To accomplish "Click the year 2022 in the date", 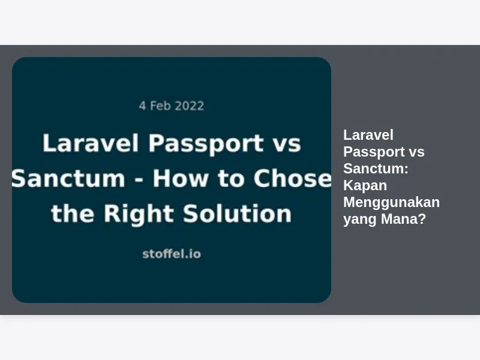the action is tap(189, 106).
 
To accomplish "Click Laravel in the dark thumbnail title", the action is tap(91, 143).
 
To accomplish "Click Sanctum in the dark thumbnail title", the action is tap(68, 178).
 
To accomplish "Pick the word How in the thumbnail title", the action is tap(181, 178).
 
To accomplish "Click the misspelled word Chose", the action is tap(292, 178).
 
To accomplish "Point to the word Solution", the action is tap(237, 214).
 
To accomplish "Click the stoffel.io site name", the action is tap(172, 254).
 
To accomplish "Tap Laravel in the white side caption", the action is tap(368, 135).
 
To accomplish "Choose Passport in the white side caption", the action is tap(373, 152).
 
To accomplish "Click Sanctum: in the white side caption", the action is tap(376, 169).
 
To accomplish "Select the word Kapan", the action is tap(365, 186).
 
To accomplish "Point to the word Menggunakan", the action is tap(392, 203).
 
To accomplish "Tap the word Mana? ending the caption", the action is tap(403, 219).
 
